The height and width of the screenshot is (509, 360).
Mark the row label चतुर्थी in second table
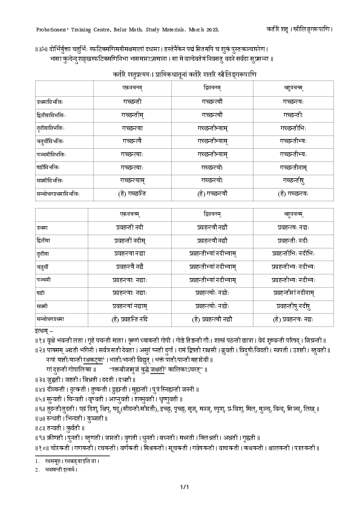tap(45, 267)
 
